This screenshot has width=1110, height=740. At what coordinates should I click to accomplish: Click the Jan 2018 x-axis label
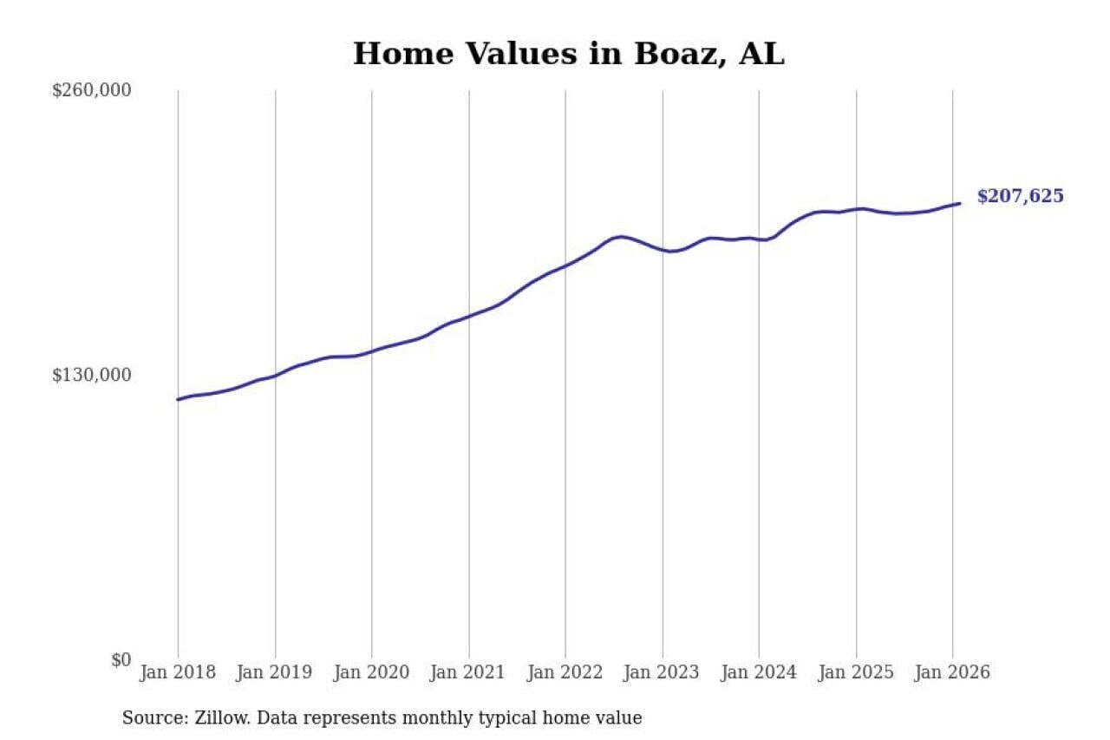178,673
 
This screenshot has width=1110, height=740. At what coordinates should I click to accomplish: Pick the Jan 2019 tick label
275,673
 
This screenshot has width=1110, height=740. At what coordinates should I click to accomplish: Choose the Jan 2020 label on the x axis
372,673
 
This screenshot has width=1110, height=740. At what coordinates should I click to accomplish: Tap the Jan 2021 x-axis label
469,673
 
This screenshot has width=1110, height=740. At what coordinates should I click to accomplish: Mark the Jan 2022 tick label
565,673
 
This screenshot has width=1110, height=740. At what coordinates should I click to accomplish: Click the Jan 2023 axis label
663,673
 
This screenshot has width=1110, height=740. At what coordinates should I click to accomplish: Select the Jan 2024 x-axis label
759,673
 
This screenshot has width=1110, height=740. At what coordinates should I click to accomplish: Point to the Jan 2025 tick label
856,673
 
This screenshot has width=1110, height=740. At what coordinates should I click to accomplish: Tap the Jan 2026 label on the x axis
952,673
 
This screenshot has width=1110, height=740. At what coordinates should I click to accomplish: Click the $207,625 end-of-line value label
1020,197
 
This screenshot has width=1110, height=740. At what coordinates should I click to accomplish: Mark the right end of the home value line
960,204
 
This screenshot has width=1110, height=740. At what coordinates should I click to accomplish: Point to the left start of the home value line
178,400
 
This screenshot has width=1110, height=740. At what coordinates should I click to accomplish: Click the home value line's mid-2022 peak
621,236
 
